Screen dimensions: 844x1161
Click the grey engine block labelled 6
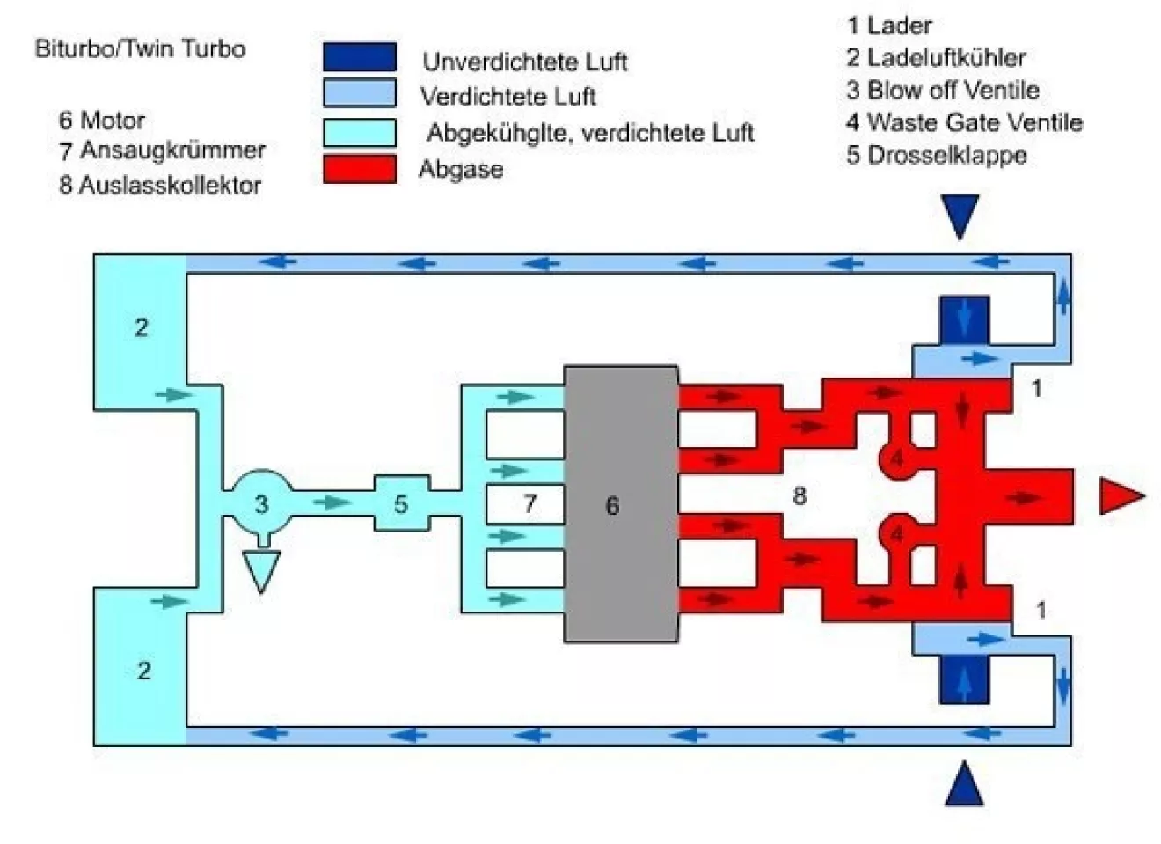pos(620,503)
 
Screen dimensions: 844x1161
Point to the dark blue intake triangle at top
pos(960,215)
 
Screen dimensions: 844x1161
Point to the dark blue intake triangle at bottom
pos(963,785)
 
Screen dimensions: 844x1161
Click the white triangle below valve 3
pos(260,569)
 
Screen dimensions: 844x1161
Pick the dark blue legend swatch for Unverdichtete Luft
pos(359,56)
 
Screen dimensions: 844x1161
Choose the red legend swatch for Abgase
pos(359,168)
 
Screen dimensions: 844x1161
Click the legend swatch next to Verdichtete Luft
pos(359,93)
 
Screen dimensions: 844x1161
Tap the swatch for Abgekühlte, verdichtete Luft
pos(359,131)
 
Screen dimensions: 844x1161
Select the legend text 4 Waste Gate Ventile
pos(964,122)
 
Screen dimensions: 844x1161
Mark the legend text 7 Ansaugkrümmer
pos(162,150)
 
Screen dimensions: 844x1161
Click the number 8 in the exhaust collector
pos(799,495)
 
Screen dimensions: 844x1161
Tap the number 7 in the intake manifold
pos(529,503)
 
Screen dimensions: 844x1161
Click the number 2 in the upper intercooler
pos(142,327)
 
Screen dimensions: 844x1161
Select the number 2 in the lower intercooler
pos(143,671)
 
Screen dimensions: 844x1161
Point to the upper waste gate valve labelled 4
pos(895,459)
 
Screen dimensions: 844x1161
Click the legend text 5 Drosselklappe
pos(936,155)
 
